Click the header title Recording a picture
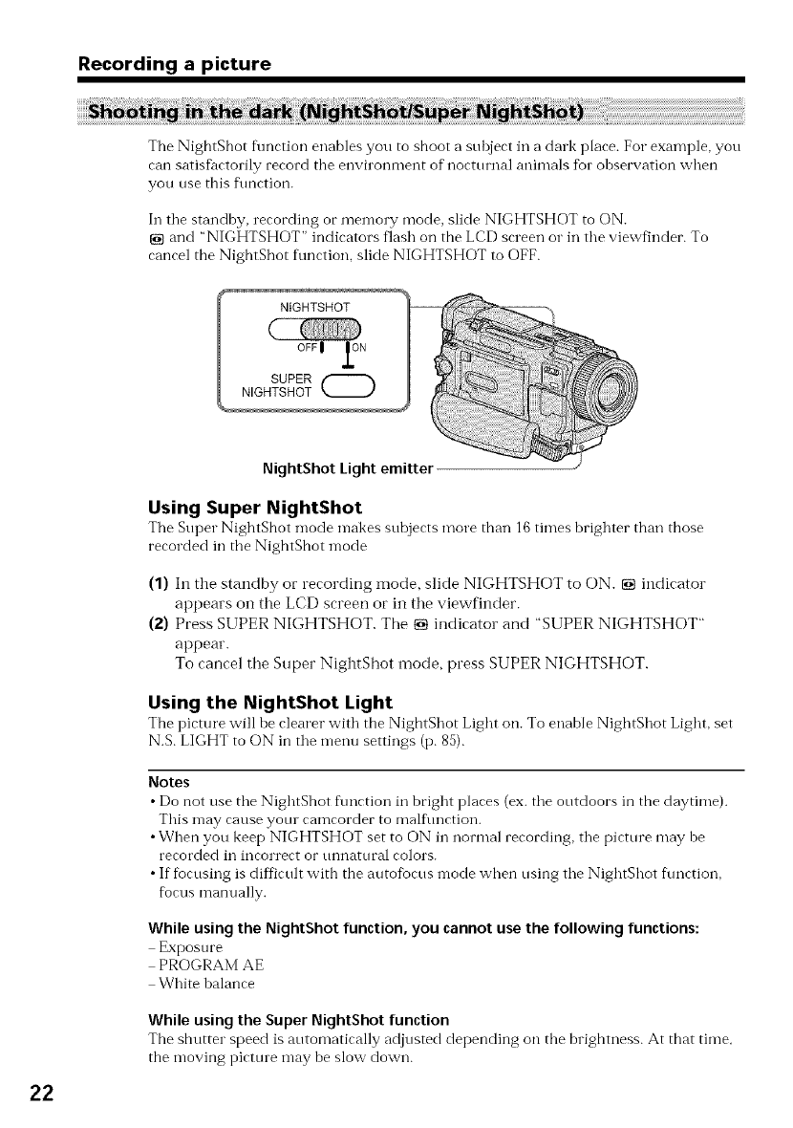pyautogui.click(x=175, y=65)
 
